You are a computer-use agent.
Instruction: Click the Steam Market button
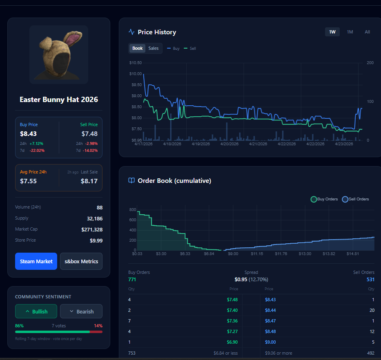click(x=36, y=261)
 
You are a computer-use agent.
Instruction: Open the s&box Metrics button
click(x=81, y=261)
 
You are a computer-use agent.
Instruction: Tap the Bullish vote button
click(x=36, y=311)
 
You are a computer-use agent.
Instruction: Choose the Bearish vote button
click(x=81, y=311)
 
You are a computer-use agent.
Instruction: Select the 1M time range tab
click(x=350, y=32)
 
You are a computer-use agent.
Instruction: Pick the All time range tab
click(x=368, y=32)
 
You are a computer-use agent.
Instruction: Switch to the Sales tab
click(x=153, y=48)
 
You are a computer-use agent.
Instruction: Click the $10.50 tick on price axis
click(x=135, y=63)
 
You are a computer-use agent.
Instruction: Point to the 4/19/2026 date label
click(x=201, y=144)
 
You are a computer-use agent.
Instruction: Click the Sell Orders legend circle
click(x=345, y=199)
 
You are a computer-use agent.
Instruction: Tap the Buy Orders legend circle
click(x=314, y=199)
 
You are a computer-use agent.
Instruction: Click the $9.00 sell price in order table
click(x=270, y=342)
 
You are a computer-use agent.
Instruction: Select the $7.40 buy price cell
click(x=232, y=310)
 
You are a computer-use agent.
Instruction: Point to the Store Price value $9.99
click(x=96, y=240)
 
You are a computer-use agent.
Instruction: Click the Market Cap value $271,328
click(x=92, y=229)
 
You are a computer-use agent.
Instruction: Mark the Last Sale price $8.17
click(x=89, y=181)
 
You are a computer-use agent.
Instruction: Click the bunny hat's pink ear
click(x=74, y=39)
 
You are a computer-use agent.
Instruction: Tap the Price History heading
click(x=157, y=32)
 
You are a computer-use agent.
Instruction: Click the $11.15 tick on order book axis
click(x=257, y=253)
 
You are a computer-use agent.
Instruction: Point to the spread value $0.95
click(x=241, y=279)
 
